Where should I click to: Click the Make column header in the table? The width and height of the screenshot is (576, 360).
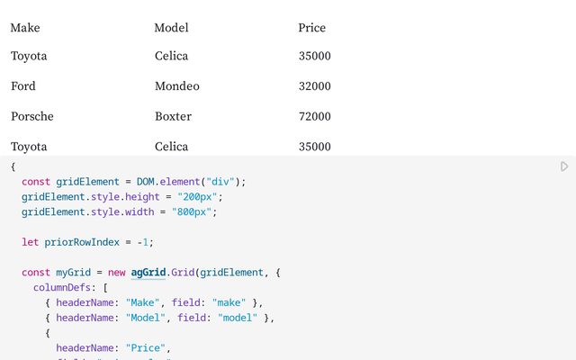25,28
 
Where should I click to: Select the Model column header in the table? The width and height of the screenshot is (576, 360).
171,28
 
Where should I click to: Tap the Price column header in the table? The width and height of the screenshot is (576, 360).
312,28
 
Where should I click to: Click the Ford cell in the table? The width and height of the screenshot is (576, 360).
23,86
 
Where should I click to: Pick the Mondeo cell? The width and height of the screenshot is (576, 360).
177,86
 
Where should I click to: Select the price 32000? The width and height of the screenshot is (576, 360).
315,86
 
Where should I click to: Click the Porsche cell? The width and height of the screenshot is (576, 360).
32,116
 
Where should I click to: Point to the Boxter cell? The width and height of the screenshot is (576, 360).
173,116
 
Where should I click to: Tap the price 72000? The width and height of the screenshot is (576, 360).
315,116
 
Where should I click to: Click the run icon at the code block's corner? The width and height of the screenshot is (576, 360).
564,166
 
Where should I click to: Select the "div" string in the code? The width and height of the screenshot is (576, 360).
220,182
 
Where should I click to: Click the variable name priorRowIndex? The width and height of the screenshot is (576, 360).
82,242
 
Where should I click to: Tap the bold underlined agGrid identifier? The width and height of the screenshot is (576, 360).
148,273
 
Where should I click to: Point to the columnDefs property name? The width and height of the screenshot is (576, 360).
62,288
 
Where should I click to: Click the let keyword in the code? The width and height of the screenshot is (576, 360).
30,242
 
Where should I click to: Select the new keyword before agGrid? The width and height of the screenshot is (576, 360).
116,273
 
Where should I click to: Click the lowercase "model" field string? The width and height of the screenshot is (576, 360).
238,318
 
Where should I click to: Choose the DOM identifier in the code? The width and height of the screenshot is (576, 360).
145,182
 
